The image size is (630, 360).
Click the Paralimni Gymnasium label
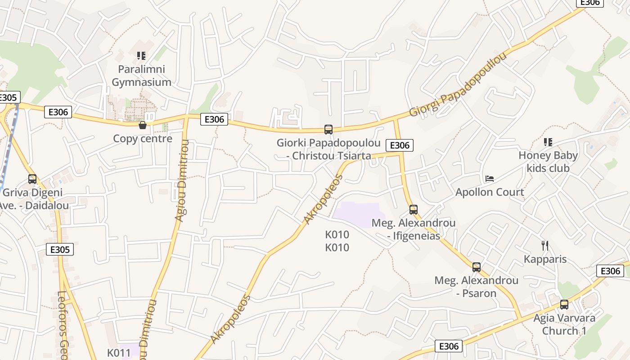point(141,76)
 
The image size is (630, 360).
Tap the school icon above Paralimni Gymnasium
point(141,56)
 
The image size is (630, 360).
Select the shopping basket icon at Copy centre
point(143,125)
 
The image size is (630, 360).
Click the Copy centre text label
point(143,139)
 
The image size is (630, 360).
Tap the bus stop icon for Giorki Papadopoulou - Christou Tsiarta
point(328,130)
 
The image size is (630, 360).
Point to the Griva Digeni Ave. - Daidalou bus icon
point(32,179)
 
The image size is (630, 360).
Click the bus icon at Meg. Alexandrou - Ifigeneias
point(414,210)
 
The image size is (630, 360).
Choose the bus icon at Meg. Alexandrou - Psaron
point(477,267)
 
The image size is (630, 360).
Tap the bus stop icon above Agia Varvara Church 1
point(564,305)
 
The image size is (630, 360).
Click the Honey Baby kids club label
point(548,162)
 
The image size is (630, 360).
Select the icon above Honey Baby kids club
point(548,142)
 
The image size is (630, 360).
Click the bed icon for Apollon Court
point(490,179)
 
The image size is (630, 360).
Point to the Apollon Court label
point(490,192)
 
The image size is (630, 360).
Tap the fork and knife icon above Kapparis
point(545,246)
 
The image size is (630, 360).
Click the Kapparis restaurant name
point(545,259)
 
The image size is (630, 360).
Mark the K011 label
point(119,353)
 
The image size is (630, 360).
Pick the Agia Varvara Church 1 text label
point(564,324)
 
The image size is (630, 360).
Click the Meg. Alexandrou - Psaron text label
point(477,287)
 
